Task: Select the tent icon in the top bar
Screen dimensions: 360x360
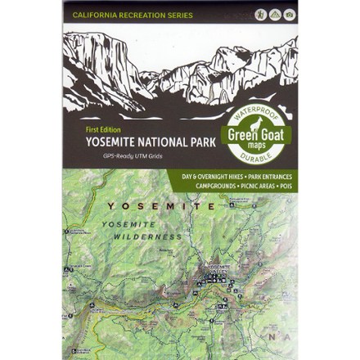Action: [x=273, y=14]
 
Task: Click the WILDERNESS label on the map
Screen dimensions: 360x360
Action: [x=145, y=236]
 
